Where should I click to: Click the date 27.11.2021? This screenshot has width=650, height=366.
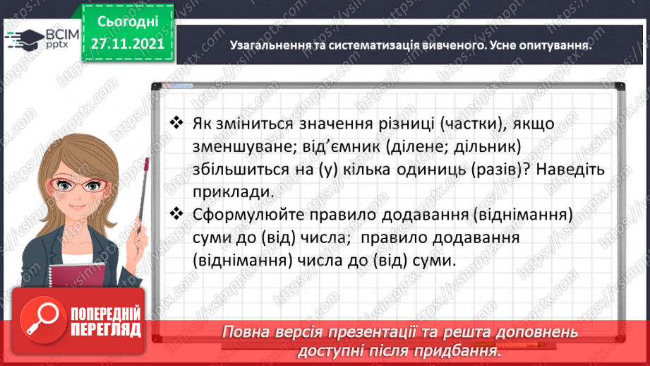pos(127,42)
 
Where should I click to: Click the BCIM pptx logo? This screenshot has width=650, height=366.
pos(42,37)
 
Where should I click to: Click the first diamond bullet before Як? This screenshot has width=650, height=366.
pos(177,123)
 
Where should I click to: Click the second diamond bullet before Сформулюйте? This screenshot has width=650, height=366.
pos(177,213)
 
